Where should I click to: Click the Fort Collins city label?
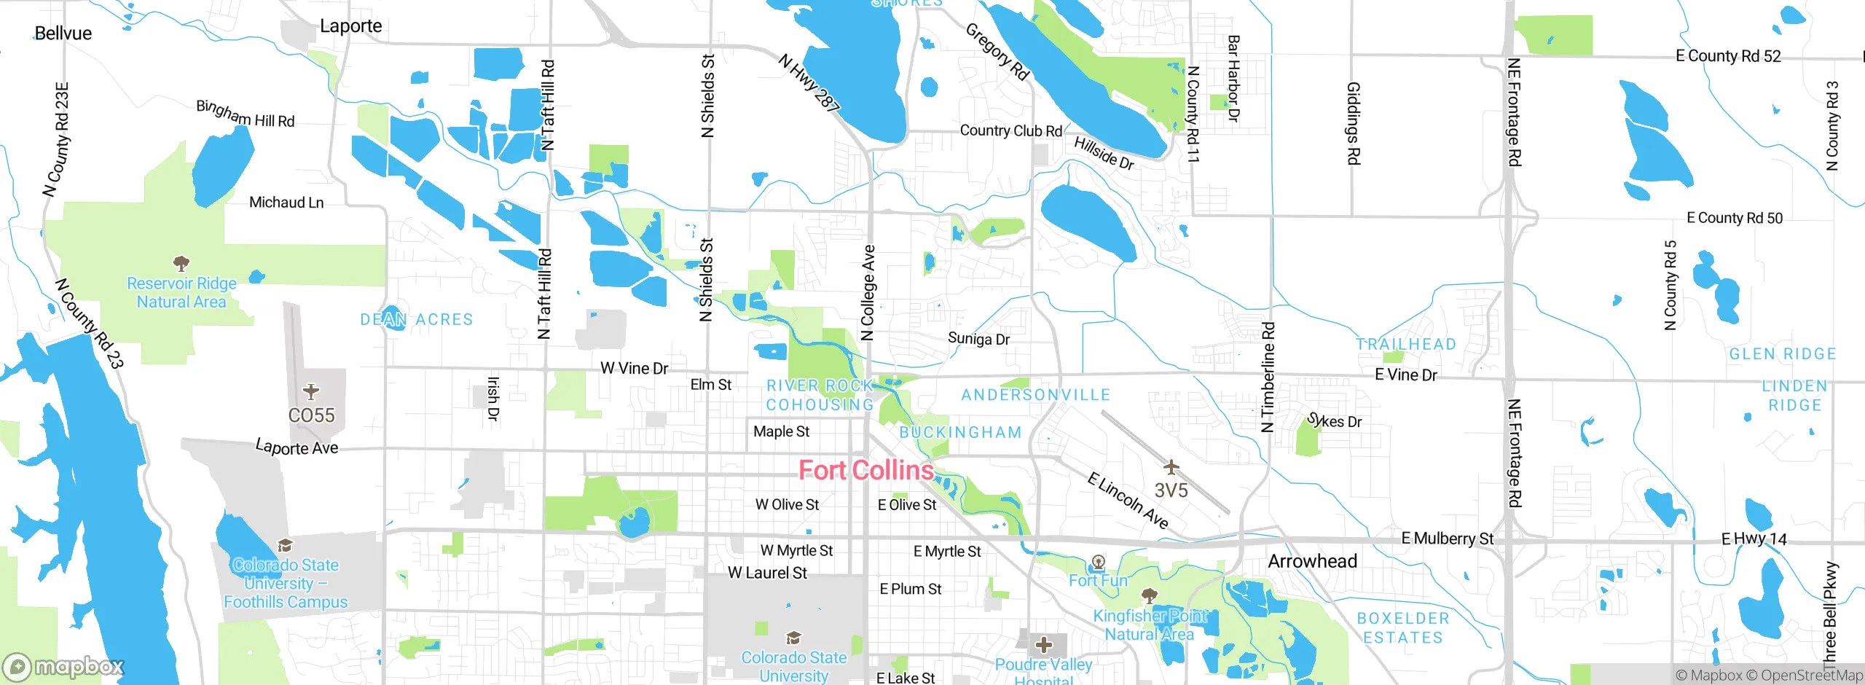coord(865,471)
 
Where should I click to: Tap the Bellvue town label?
coord(63,34)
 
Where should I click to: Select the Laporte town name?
coord(350,26)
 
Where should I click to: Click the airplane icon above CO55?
coord(311,392)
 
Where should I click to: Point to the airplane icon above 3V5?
coord(1171,466)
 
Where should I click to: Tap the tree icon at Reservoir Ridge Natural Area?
coord(181,263)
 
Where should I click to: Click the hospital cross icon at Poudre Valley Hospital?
coord(1044,645)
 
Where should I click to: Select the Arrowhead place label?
coord(1312,561)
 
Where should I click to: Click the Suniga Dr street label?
coord(978,339)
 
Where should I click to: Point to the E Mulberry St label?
coord(1447,539)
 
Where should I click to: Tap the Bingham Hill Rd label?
coord(245,114)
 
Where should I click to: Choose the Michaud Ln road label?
coord(286,203)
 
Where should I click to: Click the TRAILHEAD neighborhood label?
coord(1405,344)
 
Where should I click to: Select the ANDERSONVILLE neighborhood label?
coord(1035,395)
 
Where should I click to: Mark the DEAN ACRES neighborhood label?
coord(417,319)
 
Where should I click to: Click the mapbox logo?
coord(64,667)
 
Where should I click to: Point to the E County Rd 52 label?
coord(1728,56)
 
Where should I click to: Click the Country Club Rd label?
coord(1010,131)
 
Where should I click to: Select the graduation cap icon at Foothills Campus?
coord(286,546)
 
